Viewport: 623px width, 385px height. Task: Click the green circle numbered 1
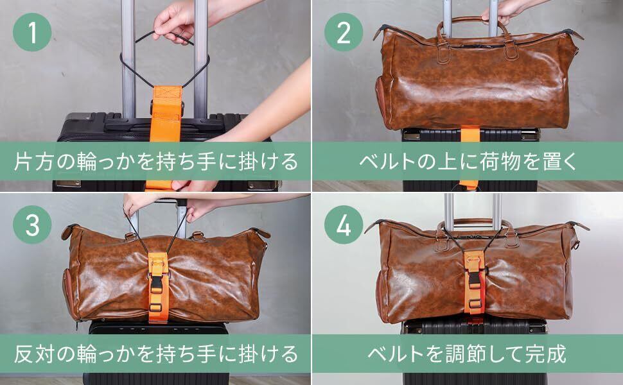[32, 32]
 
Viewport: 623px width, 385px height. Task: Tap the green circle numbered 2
[344, 32]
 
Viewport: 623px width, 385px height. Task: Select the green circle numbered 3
[32, 224]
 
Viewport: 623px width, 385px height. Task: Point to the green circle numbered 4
[344, 224]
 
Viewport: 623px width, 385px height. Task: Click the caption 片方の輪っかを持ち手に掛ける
[155, 162]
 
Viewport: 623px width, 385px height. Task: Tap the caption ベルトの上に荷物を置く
[468, 162]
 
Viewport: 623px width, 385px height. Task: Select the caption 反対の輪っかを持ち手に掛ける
[155, 354]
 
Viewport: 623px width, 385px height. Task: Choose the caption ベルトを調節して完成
[467, 354]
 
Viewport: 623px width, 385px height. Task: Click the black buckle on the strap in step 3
[157, 284]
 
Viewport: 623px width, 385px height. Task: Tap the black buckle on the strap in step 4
[475, 280]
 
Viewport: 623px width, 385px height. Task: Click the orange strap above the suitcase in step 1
[166, 114]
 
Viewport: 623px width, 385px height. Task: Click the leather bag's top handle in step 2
[473, 30]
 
